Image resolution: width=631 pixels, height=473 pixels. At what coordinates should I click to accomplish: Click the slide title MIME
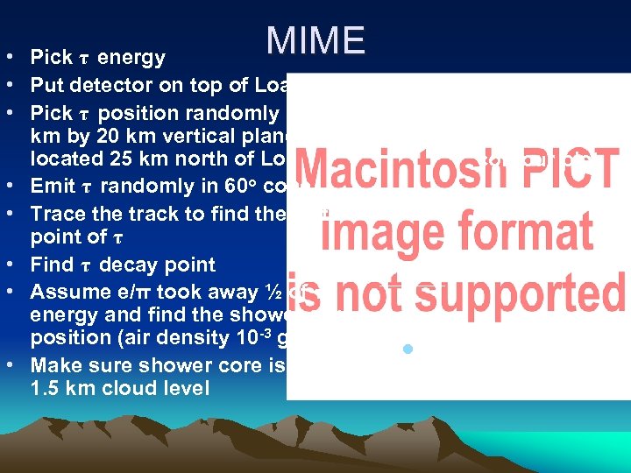click(x=315, y=41)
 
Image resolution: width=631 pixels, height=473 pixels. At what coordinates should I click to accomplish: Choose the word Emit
click(x=53, y=186)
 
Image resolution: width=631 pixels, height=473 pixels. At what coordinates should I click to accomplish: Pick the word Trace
click(x=58, y=214)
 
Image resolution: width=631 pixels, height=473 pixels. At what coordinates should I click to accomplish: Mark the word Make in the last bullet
click(x=56, y=365)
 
